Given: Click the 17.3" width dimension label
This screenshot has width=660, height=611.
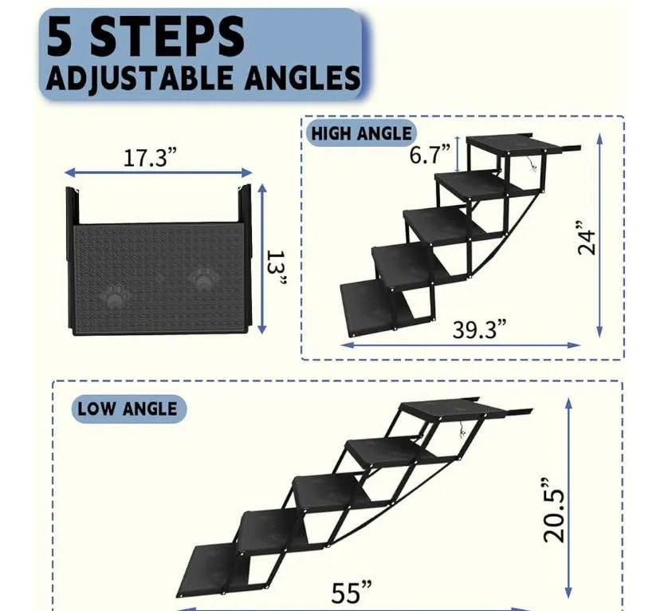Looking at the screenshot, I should click(149, 157).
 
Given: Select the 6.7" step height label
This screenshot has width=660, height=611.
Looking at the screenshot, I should click(430, 153).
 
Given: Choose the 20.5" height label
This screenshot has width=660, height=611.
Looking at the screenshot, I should click(555, 510).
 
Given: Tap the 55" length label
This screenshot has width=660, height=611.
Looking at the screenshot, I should click(352, 593).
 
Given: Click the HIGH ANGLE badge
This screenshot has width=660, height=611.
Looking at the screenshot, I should click(362, 133).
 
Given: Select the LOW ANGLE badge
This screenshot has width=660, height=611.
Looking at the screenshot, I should click(128, 409).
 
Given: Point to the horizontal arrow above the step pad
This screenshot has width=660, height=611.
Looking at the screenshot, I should click(158, 172).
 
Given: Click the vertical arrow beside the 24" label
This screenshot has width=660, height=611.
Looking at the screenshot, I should click(600, 238).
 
